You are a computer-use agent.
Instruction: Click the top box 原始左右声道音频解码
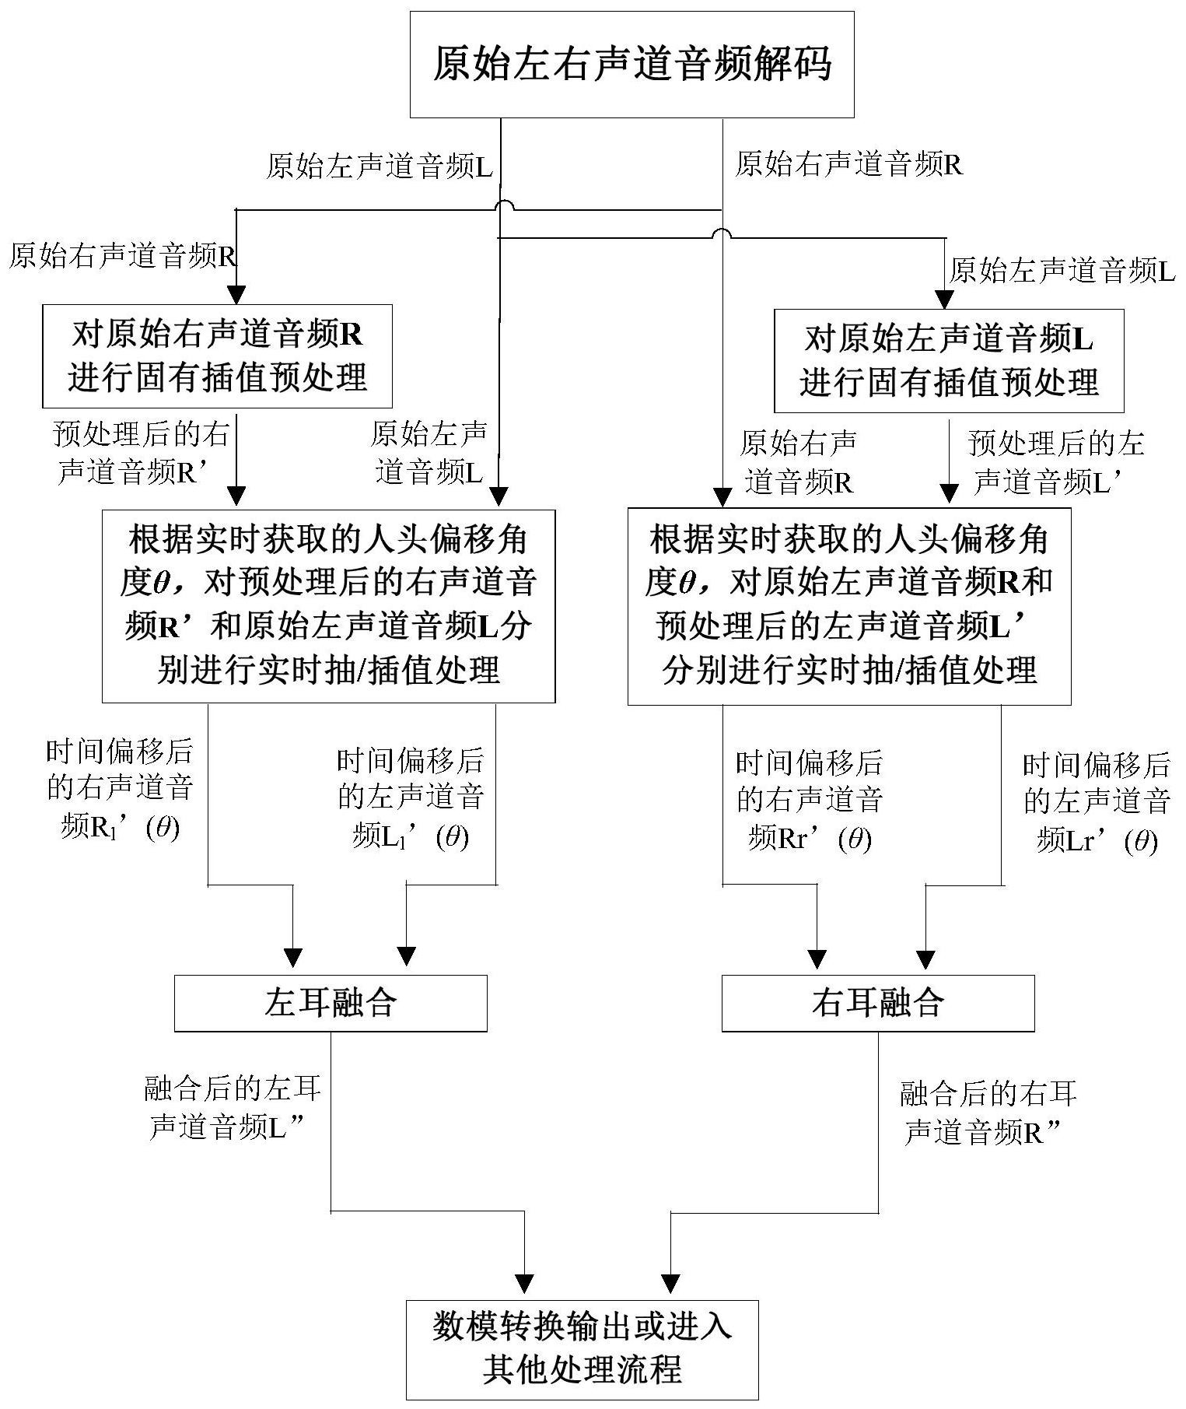pos(631,65)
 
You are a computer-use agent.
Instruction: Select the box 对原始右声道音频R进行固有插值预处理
pos(217,356)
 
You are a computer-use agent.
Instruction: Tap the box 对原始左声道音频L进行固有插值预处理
pos(949,360)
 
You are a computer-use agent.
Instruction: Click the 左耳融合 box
pos(331,1003)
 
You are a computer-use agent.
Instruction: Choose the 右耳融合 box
pos(878,1003)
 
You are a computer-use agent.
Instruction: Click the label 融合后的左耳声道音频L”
pos(233,1108)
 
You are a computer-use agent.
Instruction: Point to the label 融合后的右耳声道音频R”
pos(988,1113)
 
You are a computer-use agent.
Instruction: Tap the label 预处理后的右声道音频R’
pos(140,453)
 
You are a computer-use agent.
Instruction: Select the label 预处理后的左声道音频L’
pos(1055,462)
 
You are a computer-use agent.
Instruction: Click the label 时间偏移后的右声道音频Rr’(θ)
pos(809,801)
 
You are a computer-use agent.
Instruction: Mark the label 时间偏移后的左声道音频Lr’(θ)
pos(1097,803)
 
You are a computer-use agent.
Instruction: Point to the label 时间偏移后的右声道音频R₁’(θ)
pos(119,789)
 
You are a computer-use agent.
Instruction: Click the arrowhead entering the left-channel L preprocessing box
pos(944,300)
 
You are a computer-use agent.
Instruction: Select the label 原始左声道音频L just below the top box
pos(380,166)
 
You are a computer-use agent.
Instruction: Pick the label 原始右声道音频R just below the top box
pos(848,164)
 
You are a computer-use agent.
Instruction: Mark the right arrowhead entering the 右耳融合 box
pos(925,959)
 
